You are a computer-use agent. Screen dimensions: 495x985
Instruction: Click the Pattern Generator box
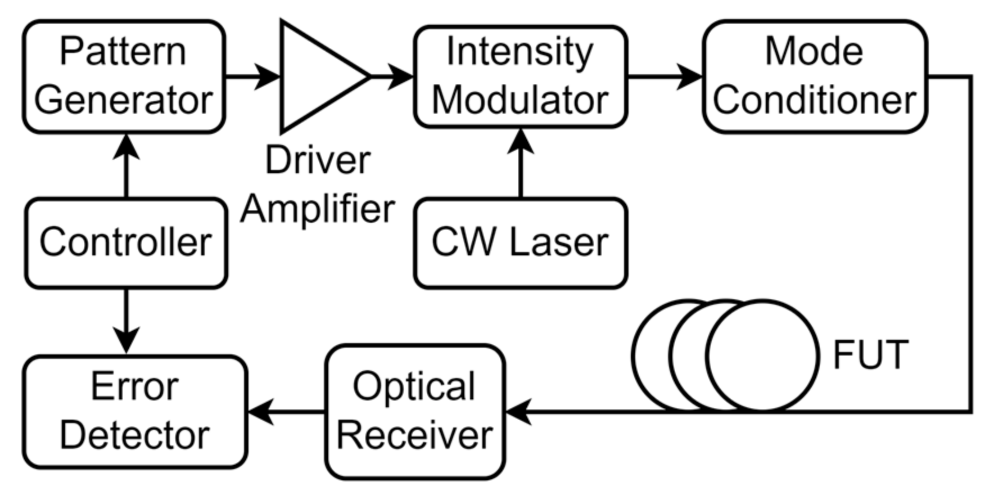click(124, 76)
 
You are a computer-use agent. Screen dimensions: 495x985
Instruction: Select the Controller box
click(126, 242)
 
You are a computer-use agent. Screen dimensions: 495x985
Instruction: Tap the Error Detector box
click(135, 411)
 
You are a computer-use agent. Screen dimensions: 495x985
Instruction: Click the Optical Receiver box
click(415, 411)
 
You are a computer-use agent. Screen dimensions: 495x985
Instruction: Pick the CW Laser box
click(520, 242)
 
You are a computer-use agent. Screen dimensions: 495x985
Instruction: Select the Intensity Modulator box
click(520, 76)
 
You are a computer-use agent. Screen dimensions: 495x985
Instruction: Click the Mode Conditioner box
click(814, 76)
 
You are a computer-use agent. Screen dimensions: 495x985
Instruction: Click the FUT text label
click(870, 355)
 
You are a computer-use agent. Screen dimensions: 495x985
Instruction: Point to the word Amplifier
click(318, 209)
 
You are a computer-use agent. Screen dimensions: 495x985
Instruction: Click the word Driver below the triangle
click(318, 160)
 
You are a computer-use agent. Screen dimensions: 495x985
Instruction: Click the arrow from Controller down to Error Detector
click(126, 321)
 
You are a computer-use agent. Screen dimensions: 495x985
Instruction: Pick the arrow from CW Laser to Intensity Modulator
click(521, 163)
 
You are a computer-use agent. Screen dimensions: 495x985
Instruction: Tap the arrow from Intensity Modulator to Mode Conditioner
click(665, 76)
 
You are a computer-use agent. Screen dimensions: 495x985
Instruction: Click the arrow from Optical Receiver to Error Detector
click(286, 411)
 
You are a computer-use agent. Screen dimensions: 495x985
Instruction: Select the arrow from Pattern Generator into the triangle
click(252, 76)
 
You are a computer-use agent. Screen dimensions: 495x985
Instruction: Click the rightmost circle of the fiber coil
click(762, 355)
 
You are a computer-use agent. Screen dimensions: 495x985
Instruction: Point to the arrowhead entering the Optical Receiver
click(518, 411)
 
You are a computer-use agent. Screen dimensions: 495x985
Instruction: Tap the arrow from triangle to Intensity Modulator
click(392, 76)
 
